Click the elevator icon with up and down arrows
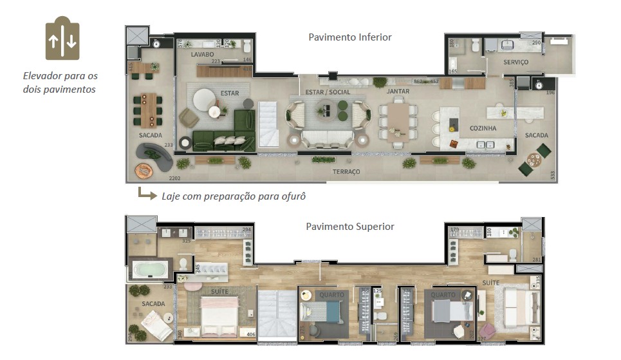coord(62,38)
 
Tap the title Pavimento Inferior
coord(350,37)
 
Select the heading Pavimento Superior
coord(350,226)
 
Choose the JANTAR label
coord(398,92)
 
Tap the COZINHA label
coord(482,128)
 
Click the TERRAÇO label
coord(346,172)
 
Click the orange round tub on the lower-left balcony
coord(142,170)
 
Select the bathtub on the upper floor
coord(150,269)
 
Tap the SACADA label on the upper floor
coord(153,303)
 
